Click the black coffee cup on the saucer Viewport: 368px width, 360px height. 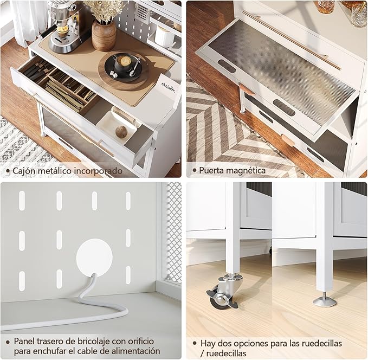pyautogui.click(x=122, y=62)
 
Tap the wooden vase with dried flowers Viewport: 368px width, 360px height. pyautogui.click(x=104, y=35)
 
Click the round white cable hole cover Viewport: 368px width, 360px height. pyautogui.click(x=94, y=258)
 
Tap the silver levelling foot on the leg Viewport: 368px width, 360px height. pyautogui.click(x=325, y=300)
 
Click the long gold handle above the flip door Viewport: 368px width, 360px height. pyautogui.click(x=291, y=40)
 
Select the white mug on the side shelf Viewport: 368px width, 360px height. pyautogui.click(x=164, y=37)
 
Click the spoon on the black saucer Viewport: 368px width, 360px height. pyautogui.click(x=135, y=67)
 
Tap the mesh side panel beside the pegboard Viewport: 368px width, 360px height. pyautogui.click(x=173, y=233)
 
